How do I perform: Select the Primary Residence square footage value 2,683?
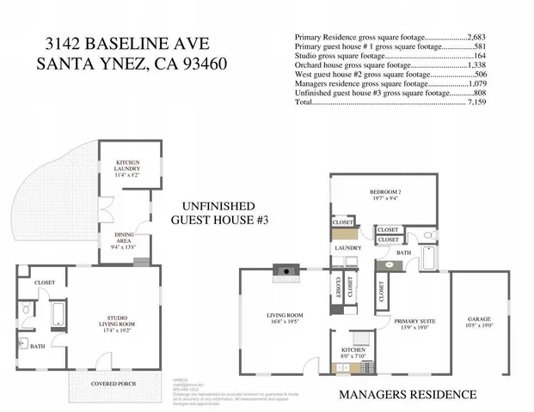476,38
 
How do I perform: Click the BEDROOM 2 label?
386,194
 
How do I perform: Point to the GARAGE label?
479,320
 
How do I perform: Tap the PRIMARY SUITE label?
415,324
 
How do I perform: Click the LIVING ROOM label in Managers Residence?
285,318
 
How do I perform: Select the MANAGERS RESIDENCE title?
408,394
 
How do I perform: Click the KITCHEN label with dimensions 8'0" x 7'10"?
353,352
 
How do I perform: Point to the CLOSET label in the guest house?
45,282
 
